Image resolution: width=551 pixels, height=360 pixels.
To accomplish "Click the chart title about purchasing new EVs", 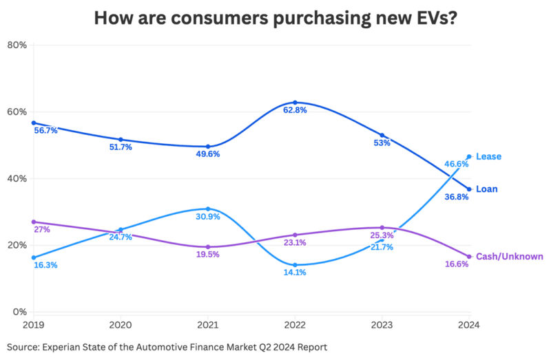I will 275,17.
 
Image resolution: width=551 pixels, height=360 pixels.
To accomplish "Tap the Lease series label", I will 488,156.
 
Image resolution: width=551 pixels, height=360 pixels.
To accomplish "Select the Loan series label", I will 487,189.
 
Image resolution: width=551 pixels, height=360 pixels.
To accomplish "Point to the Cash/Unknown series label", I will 509,256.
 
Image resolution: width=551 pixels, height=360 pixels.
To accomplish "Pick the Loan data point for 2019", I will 33,123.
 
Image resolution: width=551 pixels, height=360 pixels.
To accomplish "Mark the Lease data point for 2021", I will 207,209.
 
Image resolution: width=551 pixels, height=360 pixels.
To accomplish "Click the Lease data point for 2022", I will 295,265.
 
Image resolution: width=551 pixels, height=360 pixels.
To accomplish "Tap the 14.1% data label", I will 295,273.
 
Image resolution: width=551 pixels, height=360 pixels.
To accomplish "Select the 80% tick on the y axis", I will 16,45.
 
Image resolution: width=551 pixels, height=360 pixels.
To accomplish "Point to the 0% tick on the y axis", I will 19,312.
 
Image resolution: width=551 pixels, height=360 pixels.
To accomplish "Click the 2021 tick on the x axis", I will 207,324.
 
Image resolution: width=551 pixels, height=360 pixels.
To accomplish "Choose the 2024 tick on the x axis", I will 468,324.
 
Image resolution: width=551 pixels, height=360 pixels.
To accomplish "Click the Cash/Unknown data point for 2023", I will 382,227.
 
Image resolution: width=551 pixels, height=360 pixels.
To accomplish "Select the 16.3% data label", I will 45,265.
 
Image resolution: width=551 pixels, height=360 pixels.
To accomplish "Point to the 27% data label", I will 41,229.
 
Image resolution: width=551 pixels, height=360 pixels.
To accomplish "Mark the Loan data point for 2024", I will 469,189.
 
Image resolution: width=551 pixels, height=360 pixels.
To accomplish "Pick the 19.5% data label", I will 207,254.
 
